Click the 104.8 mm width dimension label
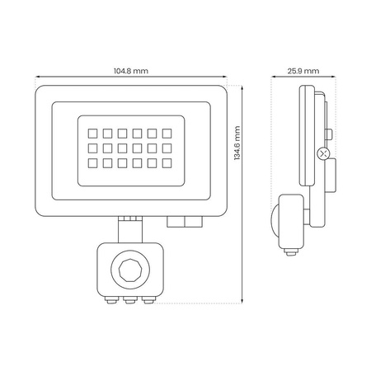pyautogui.click(x=131, y=71)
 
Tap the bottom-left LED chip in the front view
pyautogui.click(x=85, y=165)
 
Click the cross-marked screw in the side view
pyautogui.click(x=322, y=153)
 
